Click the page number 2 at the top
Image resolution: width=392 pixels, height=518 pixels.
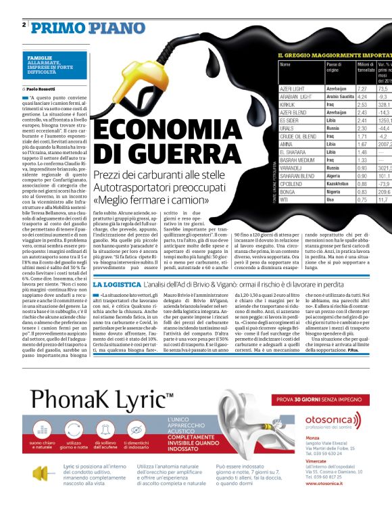[24, 24]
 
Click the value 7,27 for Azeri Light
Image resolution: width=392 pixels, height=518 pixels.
[362, 89]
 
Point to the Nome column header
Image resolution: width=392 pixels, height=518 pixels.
[285, 65]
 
